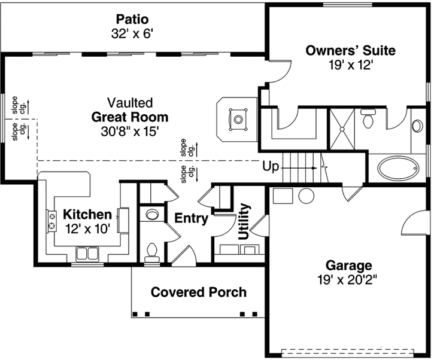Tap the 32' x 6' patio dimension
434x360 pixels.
pos(133,33)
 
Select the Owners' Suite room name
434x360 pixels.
pos(350,50)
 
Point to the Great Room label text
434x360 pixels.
pos(130,117)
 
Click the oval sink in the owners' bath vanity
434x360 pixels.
pos(417,126)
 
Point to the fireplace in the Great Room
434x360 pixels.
pos(238,120)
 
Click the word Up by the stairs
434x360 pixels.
pos(271,167)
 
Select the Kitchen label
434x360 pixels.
pos(87,214)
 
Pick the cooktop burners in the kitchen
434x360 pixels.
pos(51,219)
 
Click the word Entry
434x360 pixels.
pos(191,218)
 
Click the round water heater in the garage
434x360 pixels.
pos(306,196)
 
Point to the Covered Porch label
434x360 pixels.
pos(198,292)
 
